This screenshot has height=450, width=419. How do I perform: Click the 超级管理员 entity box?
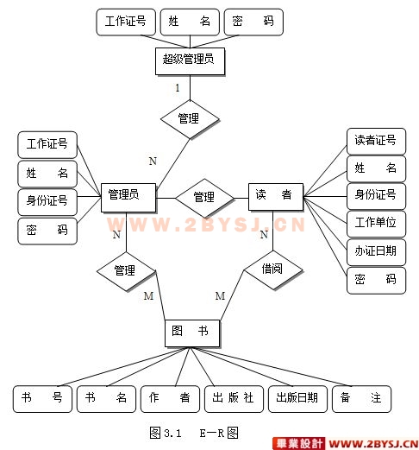(x=190, y=61)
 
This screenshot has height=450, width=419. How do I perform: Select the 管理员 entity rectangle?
(x=128, y=198)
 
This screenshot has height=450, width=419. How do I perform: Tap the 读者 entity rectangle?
(x=276, y=197)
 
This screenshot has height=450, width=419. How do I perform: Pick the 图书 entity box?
(x=192, y=333)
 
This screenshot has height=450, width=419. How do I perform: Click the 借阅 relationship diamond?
(x=273, y=270)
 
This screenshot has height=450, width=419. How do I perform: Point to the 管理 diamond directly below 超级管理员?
(x=190, y=119)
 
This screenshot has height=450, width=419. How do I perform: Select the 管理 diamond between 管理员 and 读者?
(x=204, y=198)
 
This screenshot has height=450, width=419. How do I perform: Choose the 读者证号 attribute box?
(x=376, y=142)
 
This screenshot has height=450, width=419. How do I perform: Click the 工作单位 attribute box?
(x=376, y=224)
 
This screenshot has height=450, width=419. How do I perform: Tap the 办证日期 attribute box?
(x=376, y=251)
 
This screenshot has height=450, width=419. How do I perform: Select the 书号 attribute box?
(x=42, y=399)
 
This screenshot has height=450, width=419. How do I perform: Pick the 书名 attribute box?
(x=106, y=399)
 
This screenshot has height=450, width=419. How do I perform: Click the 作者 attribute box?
(x=170, y=399)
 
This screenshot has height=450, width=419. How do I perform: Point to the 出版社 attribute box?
(x=234, y=399)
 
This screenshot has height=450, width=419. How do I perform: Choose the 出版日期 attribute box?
(x=297, y=399)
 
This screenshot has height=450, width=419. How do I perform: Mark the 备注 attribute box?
(x=361, y=399)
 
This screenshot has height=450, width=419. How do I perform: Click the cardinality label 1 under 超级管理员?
(x=178, y=87)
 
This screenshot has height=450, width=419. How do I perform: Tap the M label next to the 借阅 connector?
(x=220, y=295)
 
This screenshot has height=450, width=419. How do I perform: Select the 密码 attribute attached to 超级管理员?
(x=253, y=22)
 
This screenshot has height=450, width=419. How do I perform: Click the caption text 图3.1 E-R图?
(x=194, y=433)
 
